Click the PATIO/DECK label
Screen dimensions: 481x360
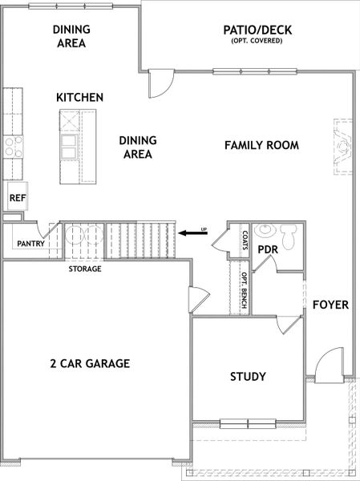[257, 30]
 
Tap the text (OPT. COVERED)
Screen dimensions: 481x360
[257, 41]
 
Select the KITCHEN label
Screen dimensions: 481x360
[79, 97]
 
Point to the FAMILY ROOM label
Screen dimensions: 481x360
[261, 145]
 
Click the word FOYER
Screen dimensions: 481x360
[330, 305]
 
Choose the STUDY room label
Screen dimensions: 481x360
[248, 376]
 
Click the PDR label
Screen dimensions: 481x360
[268, 250]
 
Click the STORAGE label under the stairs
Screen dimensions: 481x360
[84, 269]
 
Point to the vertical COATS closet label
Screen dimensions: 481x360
[245, 240]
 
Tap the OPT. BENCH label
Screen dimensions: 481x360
[244, 291]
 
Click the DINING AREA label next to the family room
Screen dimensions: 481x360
[137, 147]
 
